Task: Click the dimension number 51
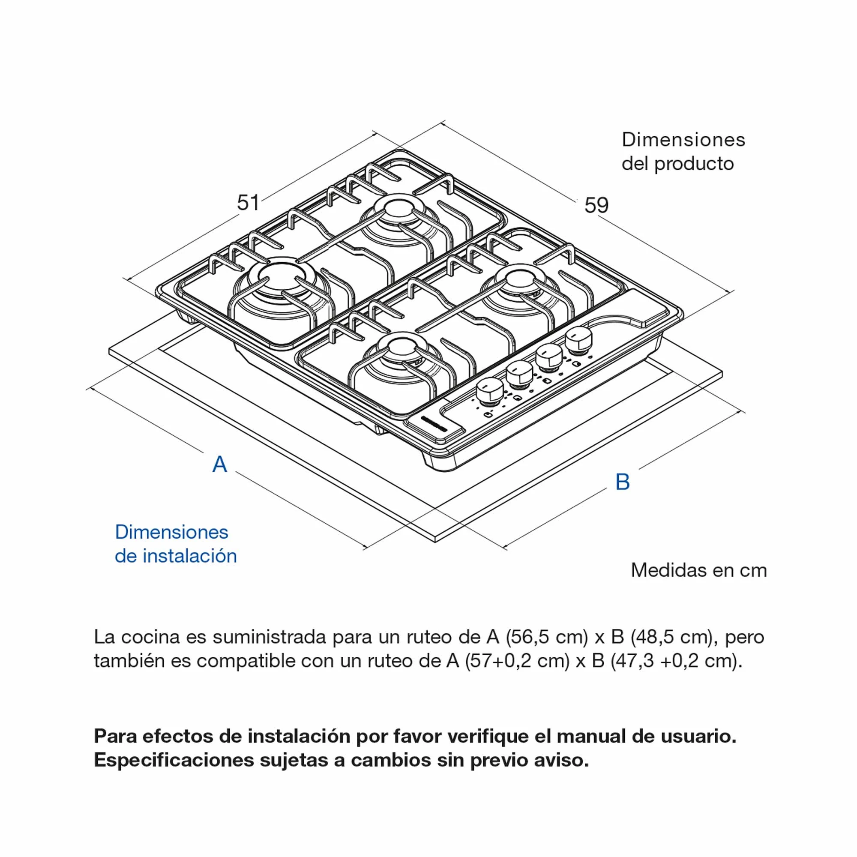tap(248, 203)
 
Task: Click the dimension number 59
tap(596, 205)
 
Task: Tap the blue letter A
tap(219, 464)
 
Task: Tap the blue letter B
tap(622, 482)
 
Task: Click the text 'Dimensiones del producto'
tap(683, 152)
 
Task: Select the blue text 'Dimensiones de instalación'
tap(176, 544)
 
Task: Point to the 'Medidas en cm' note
tap(698, 570)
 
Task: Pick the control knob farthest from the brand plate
tap(578, 339)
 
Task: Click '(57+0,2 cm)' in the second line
tap(517, 661)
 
